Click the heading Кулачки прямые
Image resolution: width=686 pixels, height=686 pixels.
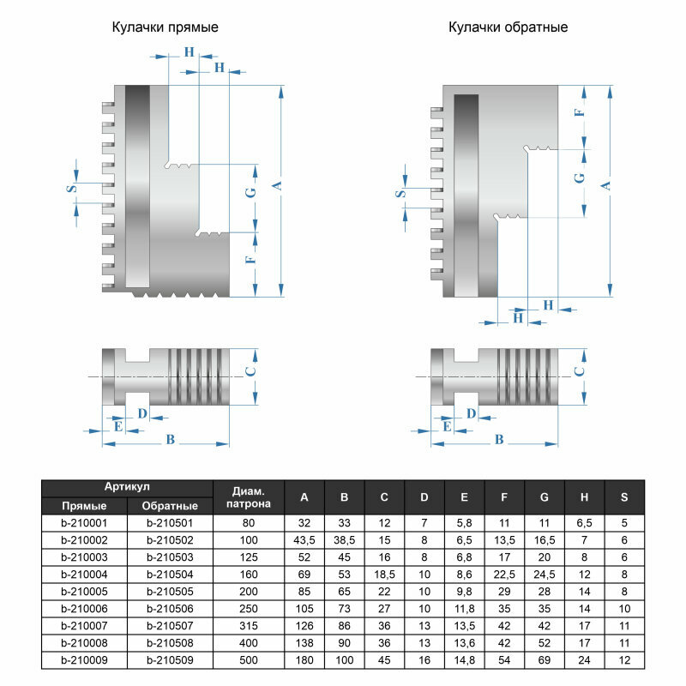pos(165,27)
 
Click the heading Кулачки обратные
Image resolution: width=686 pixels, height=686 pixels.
pos(508,27)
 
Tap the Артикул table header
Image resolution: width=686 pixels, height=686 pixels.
pos(127,486)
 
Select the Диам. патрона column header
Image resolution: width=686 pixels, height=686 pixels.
pos(248,496)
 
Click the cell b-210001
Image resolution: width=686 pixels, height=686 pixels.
pos(84,523)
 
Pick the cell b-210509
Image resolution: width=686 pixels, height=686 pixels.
pos(170,660)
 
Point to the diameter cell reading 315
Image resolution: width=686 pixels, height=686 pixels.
pos(248,626)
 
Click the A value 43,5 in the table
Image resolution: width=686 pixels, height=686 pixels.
pos(304,540)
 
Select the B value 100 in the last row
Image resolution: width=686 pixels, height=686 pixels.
pos(344,660)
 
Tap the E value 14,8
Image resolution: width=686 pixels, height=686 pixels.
pos(464,660)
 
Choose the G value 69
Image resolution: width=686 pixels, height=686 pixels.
pos(545,660)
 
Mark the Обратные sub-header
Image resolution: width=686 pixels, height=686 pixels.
pos(170,506)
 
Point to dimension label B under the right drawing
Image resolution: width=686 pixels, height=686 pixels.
pos(500,439)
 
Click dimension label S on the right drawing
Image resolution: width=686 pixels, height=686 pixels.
pos(400,195)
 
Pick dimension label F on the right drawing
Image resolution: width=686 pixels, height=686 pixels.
pos(579,113)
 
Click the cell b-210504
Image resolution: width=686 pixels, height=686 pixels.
pos(170,575)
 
